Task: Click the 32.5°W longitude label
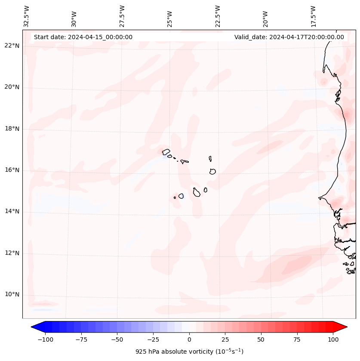coord(27,16)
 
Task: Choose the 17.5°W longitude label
coord(313,16)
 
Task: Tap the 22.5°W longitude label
coord(218,16)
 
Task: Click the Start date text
coord(83,37)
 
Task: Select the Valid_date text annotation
coord(289,37)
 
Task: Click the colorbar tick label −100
coord(46,339)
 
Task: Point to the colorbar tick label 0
coord(189,339)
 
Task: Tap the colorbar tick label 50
coord(261,339)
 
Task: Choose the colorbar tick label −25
coord(153,339)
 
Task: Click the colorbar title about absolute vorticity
coord(189,352)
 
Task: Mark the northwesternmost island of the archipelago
coord(166,151)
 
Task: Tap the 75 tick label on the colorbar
coord(297,339)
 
